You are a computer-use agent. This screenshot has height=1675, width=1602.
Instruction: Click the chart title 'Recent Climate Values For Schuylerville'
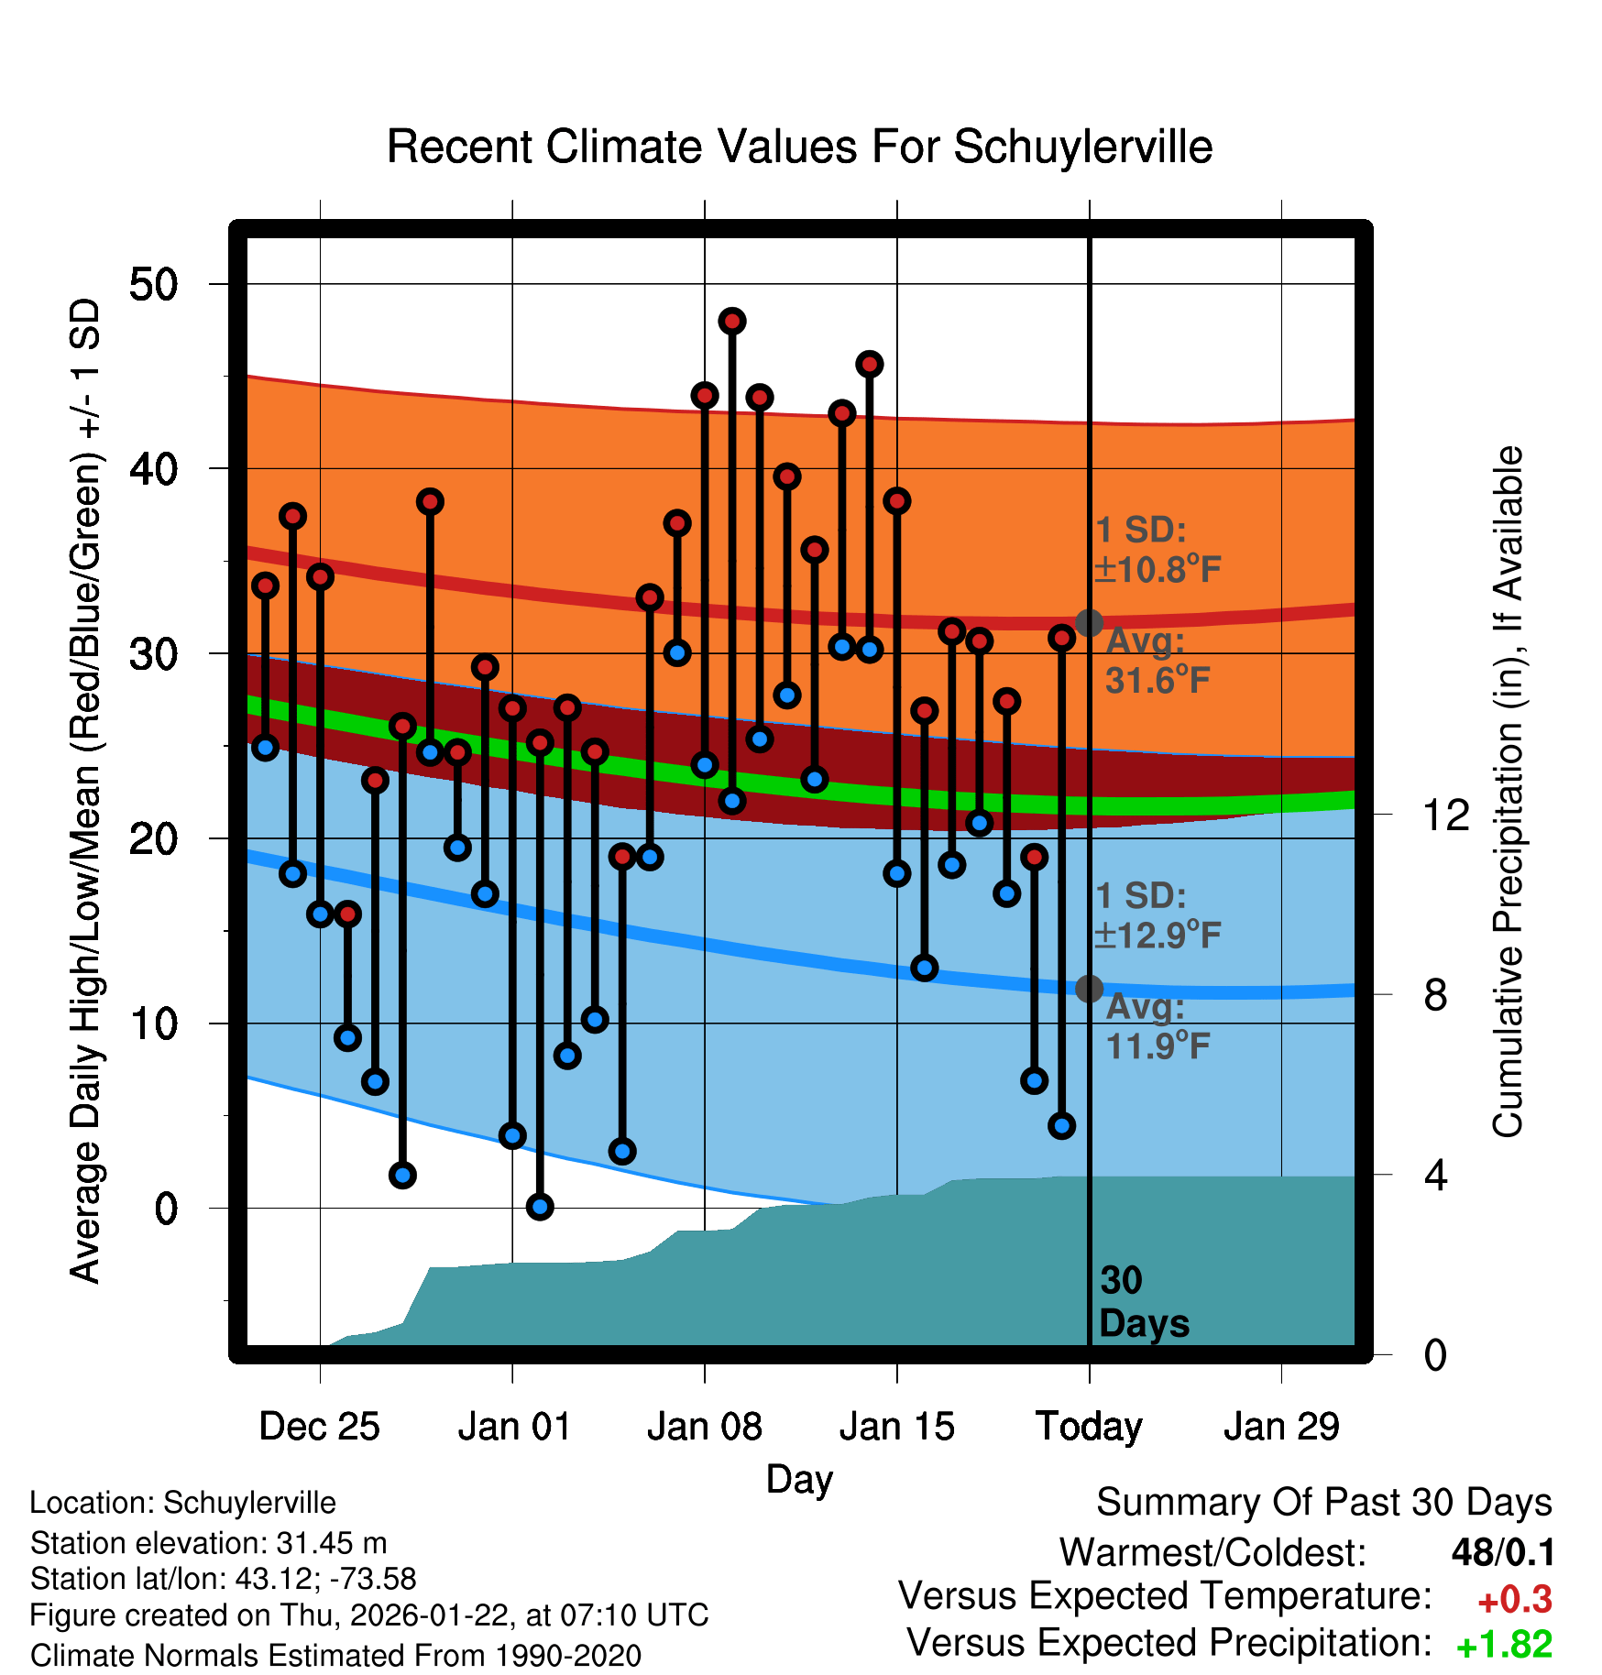(x=799, y=148)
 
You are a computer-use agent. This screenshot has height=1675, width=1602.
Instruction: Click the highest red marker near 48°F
(x=731, y=321)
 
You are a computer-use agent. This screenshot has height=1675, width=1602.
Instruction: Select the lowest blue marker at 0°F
(x=540, y=1207)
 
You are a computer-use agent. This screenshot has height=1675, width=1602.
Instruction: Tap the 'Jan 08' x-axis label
(x=704, y=1427)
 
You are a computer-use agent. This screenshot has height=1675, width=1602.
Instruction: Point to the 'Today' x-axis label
(x=1089, y=1427)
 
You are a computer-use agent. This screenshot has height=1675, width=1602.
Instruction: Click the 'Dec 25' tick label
(x=319, y=1427)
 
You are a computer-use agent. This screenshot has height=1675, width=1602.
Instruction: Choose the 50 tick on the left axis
(x=153, y=284)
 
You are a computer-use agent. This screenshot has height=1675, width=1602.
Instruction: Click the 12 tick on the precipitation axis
(x=1445, y=815)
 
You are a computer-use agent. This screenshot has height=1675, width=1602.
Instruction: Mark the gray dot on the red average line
(x=1089, y=623)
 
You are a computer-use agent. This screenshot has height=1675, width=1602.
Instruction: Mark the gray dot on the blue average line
(x=1089, y=989)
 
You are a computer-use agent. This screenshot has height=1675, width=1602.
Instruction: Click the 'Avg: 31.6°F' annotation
(x=1157, y=661)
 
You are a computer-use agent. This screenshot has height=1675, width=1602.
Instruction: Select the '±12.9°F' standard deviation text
(x=1158, y=935)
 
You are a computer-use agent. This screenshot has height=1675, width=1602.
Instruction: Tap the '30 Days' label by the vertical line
(x=1143, y=1302)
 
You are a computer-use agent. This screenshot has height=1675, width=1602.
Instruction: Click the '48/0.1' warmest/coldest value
(x=1503, y=1552)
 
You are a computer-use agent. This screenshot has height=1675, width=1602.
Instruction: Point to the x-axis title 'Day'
(x=799, y=1479)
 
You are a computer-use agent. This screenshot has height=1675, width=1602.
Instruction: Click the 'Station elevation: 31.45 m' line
(x=208, y=1543)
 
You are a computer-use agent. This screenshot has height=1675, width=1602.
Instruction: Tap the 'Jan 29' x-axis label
(x=1281, y=1427)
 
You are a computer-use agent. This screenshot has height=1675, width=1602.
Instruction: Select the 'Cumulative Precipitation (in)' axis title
(x=1508, y=792)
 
